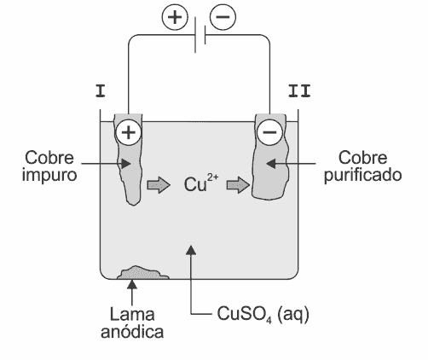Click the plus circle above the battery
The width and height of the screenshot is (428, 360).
(x=175, y=17)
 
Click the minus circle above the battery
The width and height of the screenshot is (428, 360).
(x=223, y=17)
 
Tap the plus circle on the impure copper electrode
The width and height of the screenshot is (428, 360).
(x=129, y=132)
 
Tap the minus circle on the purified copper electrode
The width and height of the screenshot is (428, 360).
(x=269, y=132)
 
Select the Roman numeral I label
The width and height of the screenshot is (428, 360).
(x=101, y=91)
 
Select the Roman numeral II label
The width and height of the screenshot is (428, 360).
(x=299, y=91)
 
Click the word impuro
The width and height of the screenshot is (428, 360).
(x=49, y=175)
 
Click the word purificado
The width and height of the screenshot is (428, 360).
(x=363, y=175)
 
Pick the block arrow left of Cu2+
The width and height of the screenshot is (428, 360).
(x=159, y=185)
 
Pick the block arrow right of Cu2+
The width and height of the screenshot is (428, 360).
(x=238, y=185)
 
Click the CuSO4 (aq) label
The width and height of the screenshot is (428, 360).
(x=263, y=315)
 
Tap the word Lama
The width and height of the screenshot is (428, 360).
(x=132, y=314)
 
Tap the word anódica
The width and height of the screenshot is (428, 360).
(x=132, y=331)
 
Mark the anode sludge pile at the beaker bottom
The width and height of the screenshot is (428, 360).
(x=143, y=272)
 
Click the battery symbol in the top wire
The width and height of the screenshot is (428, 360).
(x=200, y=35)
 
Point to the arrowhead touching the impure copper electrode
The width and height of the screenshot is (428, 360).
(x=125, y=164)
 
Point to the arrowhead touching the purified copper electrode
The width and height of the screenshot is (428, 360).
(x=272, y=164)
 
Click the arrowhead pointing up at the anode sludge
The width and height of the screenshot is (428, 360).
(x=132, y=284)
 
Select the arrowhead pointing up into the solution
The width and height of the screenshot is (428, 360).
(x=191, y=250)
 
